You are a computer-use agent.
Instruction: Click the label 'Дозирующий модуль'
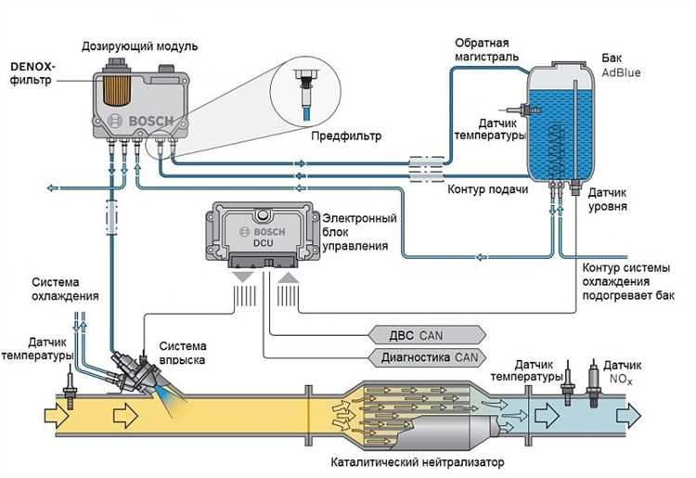coord(139,45)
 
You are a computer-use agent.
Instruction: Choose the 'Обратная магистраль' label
coord(488,51)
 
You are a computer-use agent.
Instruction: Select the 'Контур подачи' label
coord(489,190)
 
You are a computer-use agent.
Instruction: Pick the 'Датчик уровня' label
coord(612,200)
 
